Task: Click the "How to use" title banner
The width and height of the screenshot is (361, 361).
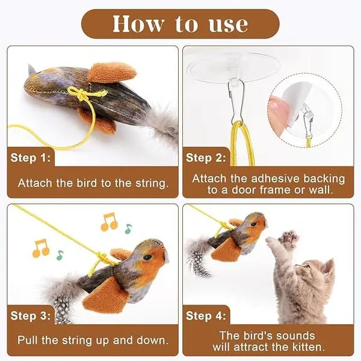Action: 180,23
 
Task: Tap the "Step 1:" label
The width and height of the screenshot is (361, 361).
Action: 31,158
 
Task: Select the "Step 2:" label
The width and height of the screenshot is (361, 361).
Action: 206,158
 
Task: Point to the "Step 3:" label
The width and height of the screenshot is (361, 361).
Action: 31,315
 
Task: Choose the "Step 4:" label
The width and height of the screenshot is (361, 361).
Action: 206,315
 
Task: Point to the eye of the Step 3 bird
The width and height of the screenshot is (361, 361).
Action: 147,257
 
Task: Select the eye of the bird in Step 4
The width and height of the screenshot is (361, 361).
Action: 254,224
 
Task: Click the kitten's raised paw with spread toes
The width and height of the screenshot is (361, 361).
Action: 288,238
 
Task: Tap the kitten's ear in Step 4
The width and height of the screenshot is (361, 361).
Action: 328,267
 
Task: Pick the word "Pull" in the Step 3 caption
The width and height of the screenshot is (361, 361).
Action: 27,341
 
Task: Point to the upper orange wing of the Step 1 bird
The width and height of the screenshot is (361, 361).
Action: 112,72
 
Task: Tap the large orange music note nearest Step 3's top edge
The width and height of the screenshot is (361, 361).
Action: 109,221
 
